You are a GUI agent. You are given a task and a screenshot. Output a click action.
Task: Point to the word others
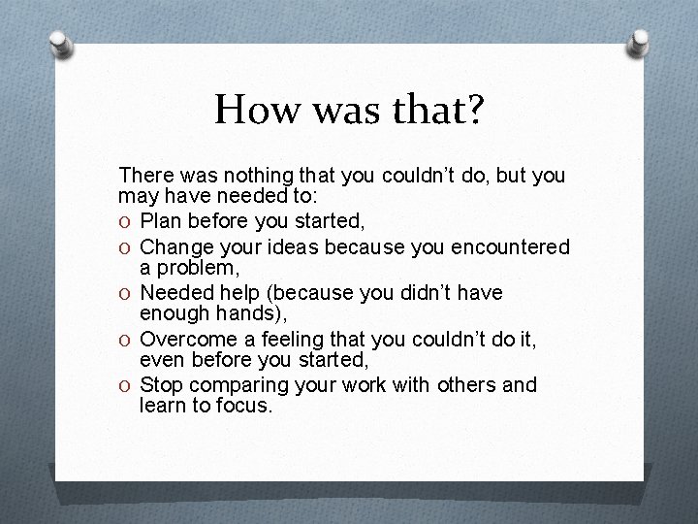460,385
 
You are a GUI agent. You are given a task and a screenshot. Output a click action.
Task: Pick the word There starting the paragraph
143,177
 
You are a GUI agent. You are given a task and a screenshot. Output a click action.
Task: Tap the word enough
171,311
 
